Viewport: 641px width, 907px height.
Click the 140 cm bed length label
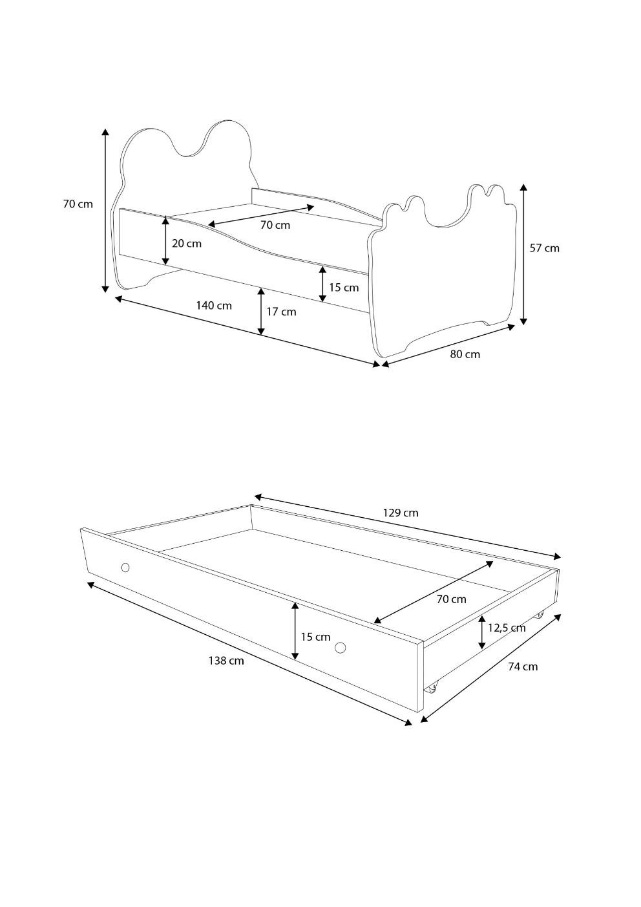[214, 305]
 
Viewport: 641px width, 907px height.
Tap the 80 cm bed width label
[465, 354]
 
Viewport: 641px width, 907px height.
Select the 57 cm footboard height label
[544, 248]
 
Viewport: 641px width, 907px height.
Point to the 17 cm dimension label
[281, 312]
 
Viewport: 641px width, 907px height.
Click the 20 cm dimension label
[186, 244]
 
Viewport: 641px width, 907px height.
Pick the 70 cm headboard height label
[78, 204]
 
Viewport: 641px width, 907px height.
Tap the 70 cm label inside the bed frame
[275, 225]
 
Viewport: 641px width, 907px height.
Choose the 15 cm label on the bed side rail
[343, 288]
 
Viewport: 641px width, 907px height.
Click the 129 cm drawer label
[400, 513]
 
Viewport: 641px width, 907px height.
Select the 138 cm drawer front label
[226, 661]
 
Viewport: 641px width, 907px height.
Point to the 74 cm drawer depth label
[522, 667]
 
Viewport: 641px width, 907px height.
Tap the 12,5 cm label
[506, 628]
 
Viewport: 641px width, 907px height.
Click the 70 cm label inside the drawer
[451, 599]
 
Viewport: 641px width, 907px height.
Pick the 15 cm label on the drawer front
[315, 637]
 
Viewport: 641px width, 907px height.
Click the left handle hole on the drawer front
[125, 568]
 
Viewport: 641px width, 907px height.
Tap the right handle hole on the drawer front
[340, 648]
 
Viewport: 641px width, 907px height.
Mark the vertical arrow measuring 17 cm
[261, 312]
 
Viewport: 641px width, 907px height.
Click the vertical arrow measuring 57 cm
[523, 254]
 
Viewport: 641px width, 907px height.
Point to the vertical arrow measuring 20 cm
[165, 240]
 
